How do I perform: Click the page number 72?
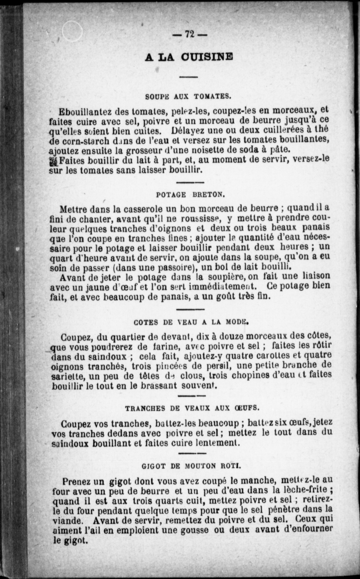click(189, 35)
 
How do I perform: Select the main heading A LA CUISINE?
click(189, 57)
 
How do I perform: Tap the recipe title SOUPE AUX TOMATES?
click(188, 96)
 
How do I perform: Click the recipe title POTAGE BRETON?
click(190, 195)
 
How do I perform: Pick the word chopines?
click(251, 375)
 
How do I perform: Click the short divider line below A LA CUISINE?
click(188, 77)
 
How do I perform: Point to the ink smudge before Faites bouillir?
click(53, 162)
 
